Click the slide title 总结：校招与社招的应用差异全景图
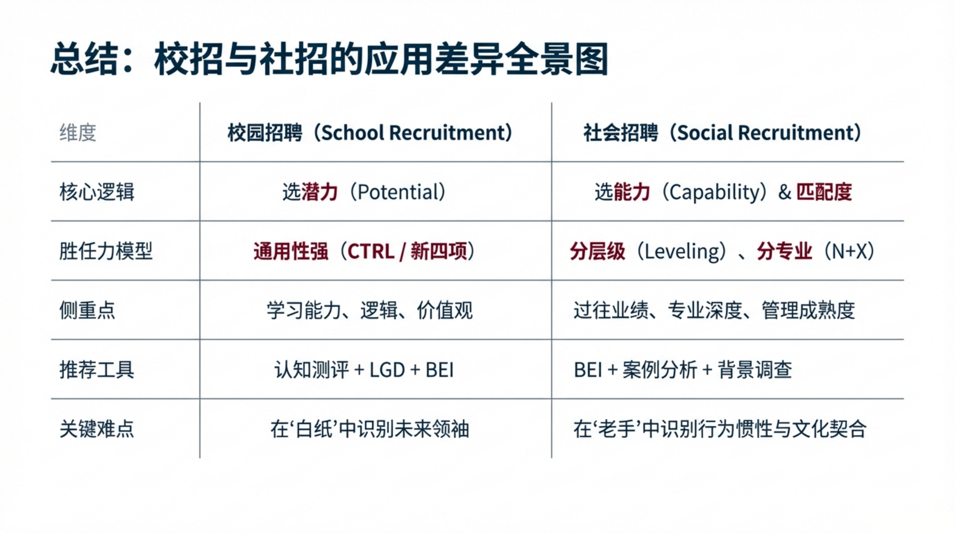pyautogui.click(x=329, y=59)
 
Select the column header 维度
pyautogui.click(x=78, y=133)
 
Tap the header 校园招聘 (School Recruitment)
pyautogui.click(x=370, y=133)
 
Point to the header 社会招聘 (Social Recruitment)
pyautogui.click(x=722, y=133)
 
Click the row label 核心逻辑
pyautogui.click(x=97, y=192)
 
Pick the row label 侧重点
pyautogui.click(x=87, y=310)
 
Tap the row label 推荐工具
pyautogui.click(x=97, y=370)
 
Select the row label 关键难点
pyautogui.click(x=97, y=429)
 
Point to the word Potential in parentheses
pyautogui.click(x=398, y=192)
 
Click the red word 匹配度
pyautogui.click(x=824, y=192)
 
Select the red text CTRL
pyautogui.click(x=371, y=251)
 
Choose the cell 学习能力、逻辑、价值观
pyautogui.click(x=370, y=310)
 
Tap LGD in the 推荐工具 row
pyautogui.click(x=387, y=370)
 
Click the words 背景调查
pyautogui.click(x=755, y=370)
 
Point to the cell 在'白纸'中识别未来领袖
pyautogui.click(x=370, y=429)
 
